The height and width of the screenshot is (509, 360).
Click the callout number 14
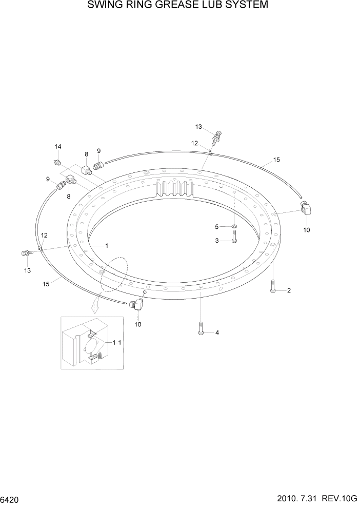click(x=58, y=147)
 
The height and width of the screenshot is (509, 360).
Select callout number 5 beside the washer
click(x=217, y=226)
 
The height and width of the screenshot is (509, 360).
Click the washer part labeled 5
click(x=234, y=226)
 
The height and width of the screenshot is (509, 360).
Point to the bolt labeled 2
click(x=272, y=286)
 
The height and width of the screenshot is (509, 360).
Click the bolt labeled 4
click(x=201, y=328)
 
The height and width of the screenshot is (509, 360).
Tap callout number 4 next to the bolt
click(x=217, y=332)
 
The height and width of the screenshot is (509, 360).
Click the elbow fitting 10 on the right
click(x=305, y=210)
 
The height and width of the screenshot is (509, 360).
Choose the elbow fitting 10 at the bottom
click(x=136, y=305)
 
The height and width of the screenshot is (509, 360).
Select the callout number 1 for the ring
click(x=107, y=245)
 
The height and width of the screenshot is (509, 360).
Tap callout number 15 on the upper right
click(x=276, y=160)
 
